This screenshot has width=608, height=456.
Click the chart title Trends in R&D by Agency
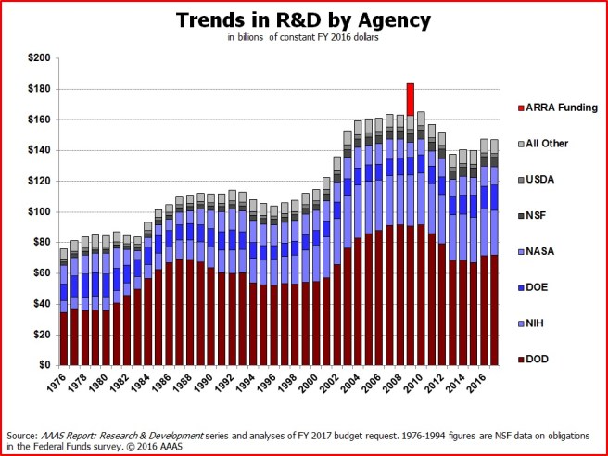click(304, 20)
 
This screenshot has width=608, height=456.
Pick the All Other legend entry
click(547, 144)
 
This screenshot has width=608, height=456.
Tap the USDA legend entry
click(540, 179)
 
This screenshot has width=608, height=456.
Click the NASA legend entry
click(540, 251)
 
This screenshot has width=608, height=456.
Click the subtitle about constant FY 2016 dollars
click(304, 38)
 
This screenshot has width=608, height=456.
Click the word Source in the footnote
click(21, 433)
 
